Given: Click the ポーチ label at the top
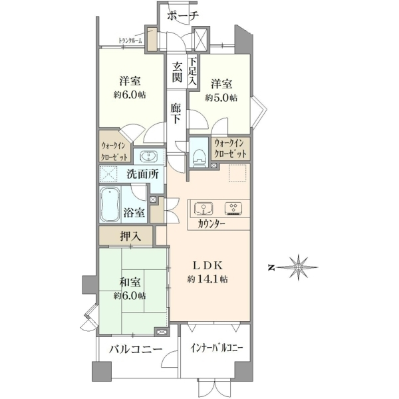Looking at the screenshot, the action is [x=182, y=16].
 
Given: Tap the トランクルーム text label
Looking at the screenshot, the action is [x=130, y=41].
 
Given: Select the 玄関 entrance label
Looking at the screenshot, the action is [x=177, y=72].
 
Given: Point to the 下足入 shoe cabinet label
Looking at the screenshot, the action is [x=193, y=71].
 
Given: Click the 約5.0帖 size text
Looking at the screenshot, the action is [x=221, y=98].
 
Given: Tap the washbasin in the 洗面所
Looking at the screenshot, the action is [x=148, y=156].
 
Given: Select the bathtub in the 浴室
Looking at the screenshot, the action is [x=110, y=205].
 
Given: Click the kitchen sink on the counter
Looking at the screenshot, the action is [x=203, y=209].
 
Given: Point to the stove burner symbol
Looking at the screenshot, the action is [x=233, y=209].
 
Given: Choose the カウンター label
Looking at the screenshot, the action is [x=211, y=224].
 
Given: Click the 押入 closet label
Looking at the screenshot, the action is [x=130, y=237].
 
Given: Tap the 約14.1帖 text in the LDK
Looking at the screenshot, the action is [x=207, y=279].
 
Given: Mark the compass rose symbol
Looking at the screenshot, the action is [x=298, y=267].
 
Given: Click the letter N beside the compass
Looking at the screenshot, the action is [x=272, y=268].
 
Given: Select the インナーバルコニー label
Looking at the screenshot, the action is [x=216, y=348].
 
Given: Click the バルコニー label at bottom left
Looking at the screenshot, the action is [x=136, y=348].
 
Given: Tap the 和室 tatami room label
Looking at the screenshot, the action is [x=130, y=283].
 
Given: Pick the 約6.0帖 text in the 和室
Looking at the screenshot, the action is [x=130, y=296].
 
